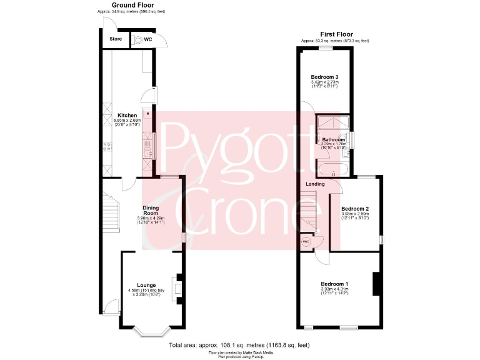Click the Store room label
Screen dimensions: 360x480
116,39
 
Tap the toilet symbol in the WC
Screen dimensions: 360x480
137,39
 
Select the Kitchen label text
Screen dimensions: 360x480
127,116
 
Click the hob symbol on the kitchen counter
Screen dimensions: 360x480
107,147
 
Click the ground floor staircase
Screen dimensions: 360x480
110,212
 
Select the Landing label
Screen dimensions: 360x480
315,184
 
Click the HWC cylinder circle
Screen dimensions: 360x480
306,241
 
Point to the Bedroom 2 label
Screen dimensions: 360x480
354,209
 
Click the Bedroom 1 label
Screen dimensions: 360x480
334,284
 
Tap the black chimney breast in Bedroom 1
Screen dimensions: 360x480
376,284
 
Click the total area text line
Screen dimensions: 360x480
239,345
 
